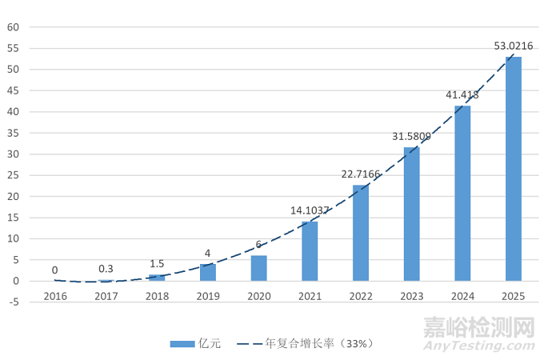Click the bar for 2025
[x=513, y=169]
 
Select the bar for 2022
[x=361, y=233]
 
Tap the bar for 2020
[x=258, y=268]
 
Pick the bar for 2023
[x=411, y=214]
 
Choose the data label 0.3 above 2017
[x=106, y=269]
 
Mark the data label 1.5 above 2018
[x=157, y=264]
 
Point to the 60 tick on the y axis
[x=14, y=27]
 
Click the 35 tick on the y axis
[x=14, y=133]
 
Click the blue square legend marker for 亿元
[x=182, y=344]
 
